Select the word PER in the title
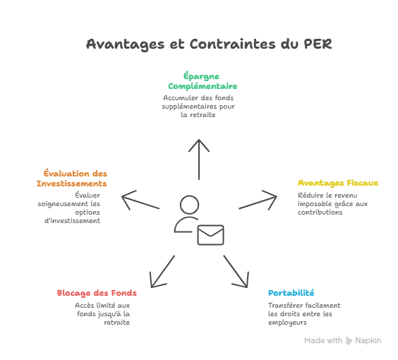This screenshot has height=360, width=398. pos(316,44)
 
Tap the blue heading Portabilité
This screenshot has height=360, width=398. pos(291,292)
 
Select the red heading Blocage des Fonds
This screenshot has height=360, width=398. pos(97,292)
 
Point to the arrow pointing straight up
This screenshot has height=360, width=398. pos(199,159)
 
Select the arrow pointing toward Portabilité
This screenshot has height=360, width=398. pos(236,270)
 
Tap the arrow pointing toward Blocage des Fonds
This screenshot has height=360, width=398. pos(162,270)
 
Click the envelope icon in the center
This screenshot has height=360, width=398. pos(210,234)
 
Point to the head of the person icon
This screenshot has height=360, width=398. pos(188,205)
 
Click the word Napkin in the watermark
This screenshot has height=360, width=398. pos(368,340)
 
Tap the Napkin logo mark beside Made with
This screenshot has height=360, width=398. pos(349,340)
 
